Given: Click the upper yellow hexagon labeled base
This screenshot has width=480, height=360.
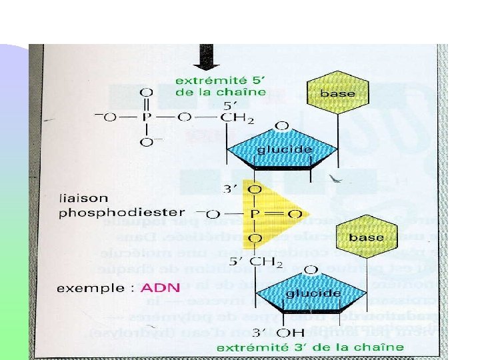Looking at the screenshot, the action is [x=337, y=93].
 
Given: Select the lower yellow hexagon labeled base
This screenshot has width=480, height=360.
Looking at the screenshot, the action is [x=365, y=237].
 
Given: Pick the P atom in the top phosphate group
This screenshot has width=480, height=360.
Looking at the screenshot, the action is [x=147, y=117].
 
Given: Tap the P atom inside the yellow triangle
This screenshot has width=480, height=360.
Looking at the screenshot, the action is [x=254, y=214].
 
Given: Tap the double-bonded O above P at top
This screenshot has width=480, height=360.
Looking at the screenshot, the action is [x=147, y=91].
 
